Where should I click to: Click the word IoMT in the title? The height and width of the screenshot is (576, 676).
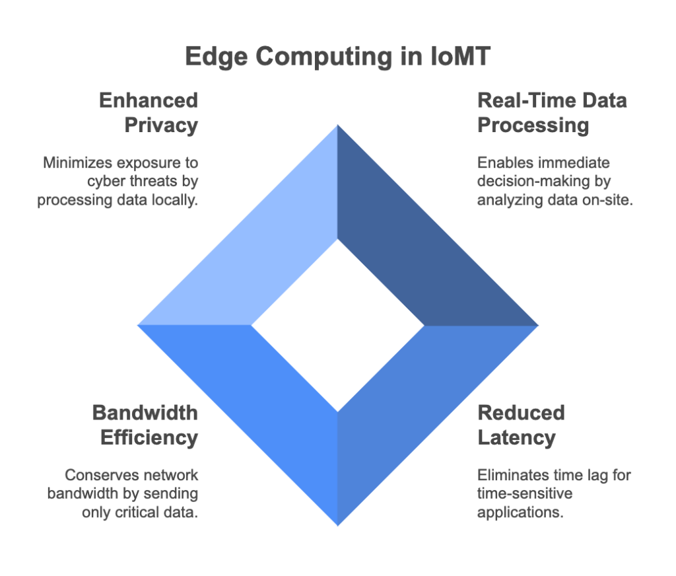(460, 57)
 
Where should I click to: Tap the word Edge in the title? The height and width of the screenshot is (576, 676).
(217, 57)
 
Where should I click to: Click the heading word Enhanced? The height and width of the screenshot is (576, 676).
(149, 100)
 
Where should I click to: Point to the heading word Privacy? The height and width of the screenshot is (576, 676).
(161, 126)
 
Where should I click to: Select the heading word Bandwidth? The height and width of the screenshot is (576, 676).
(145, 413)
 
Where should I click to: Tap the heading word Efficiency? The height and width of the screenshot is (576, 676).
(149, 438)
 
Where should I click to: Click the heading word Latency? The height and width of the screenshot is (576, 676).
(516, 438)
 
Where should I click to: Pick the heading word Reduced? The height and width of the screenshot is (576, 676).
(522, 413)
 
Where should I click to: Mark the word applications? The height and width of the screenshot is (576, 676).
(520, 513)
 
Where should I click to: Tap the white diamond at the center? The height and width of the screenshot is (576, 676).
(338, 326)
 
